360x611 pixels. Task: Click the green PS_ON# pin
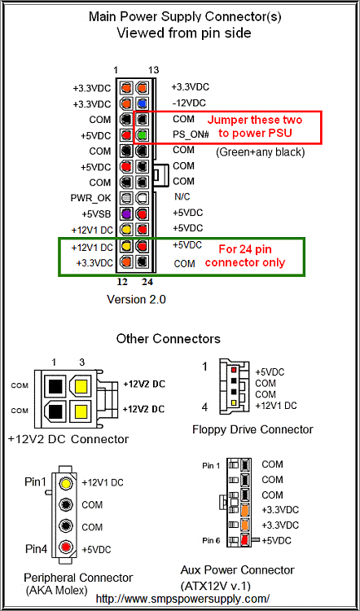[143, 134]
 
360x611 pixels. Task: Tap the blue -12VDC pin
[143, 103]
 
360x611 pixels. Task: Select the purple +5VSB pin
[125, 213]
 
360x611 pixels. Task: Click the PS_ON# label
[191, 134]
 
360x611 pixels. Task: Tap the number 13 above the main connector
[154, 70]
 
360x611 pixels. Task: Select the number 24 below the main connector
[147, 282]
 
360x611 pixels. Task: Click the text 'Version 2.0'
[136, 300]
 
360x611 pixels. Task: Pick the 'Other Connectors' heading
[169, 338]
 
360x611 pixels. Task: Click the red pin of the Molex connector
[67, 547]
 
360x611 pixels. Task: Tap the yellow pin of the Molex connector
[67, 483]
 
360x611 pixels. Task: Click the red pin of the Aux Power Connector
[245, 539]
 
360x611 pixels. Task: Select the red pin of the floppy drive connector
[234, 369]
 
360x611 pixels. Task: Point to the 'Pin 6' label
[213, 540]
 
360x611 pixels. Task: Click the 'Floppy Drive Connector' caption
[252, 429]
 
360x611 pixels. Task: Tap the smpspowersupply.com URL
[182, 598]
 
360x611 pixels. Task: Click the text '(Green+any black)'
[260, 152]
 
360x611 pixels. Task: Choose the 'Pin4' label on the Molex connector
[36, 549]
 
